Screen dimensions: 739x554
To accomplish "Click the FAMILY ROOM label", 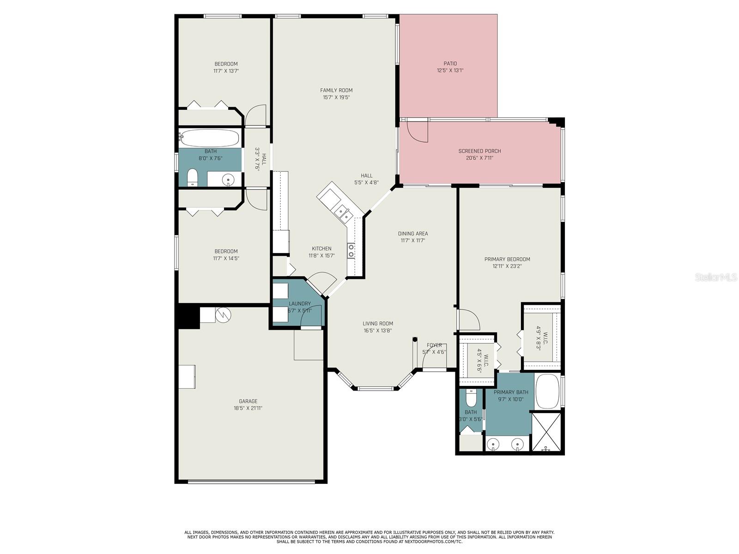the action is coord(336,90).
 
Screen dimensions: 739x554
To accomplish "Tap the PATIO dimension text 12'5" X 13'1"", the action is coord(450,71).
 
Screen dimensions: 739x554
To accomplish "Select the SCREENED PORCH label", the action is coord(479,151).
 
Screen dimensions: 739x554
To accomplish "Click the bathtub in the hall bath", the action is coord(209,138).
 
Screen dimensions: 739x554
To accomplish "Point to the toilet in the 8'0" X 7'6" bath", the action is coord(192,177).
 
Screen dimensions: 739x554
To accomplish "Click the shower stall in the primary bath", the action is coord(546,432).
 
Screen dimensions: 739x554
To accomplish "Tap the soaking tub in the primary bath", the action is coord(547,391).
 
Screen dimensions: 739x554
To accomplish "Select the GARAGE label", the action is coord(248,401).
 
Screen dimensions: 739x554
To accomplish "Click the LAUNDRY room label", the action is coord(300,304).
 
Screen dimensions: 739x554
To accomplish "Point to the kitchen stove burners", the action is coord(351,251).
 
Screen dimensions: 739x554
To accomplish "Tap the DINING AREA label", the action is coord(413,234).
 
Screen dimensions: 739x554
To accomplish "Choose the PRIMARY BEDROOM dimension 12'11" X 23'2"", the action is coord(507,266).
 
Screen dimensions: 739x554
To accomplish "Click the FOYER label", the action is coord(434,345).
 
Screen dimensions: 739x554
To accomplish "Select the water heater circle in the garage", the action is coord(223,315).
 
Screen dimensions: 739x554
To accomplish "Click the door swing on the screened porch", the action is coord(417,132).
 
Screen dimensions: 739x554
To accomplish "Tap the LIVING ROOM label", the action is coord(378,324).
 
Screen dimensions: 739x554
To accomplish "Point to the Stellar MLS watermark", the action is coord(716,277).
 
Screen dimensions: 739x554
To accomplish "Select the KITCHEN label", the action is coord(321,248).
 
